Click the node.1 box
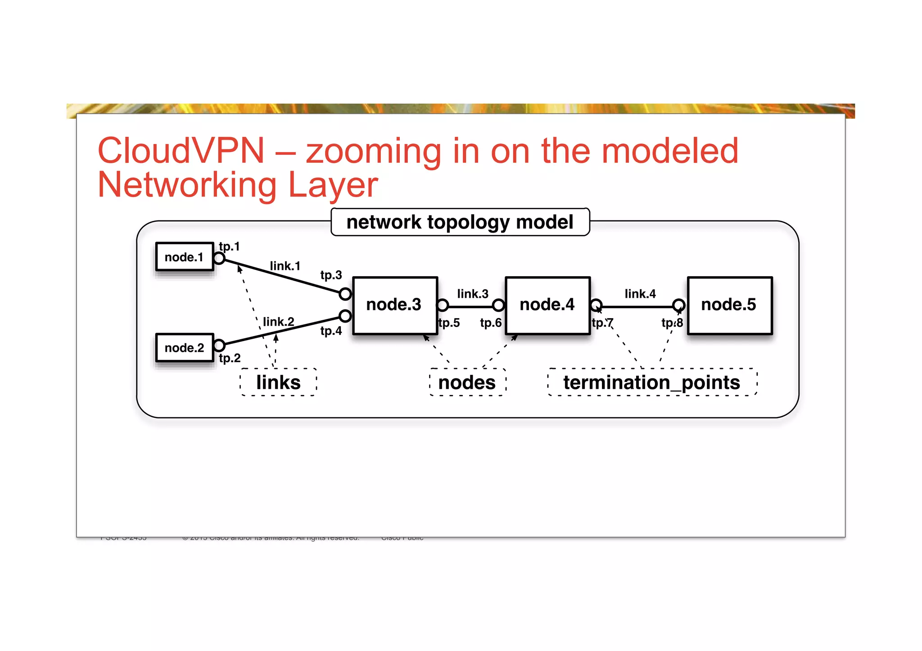[184, 257]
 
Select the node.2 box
[184, 347]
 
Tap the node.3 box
[395, 305]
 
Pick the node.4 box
[547, 305]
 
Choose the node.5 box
[729, 305]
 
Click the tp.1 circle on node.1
[219, 258]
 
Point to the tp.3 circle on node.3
[345, 294]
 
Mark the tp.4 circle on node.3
[345, 316]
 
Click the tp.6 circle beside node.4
[498, 305]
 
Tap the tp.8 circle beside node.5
[679, 305]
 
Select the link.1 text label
[285, 266]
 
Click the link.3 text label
[473, 294]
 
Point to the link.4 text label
[640, 294]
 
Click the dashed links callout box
[278, 382]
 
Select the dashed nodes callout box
[467, 382]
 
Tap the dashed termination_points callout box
[652, 382]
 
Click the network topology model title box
[460, 222]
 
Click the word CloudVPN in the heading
[181, 151]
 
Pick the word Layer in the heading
[333, 185]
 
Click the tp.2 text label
[230, 358]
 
